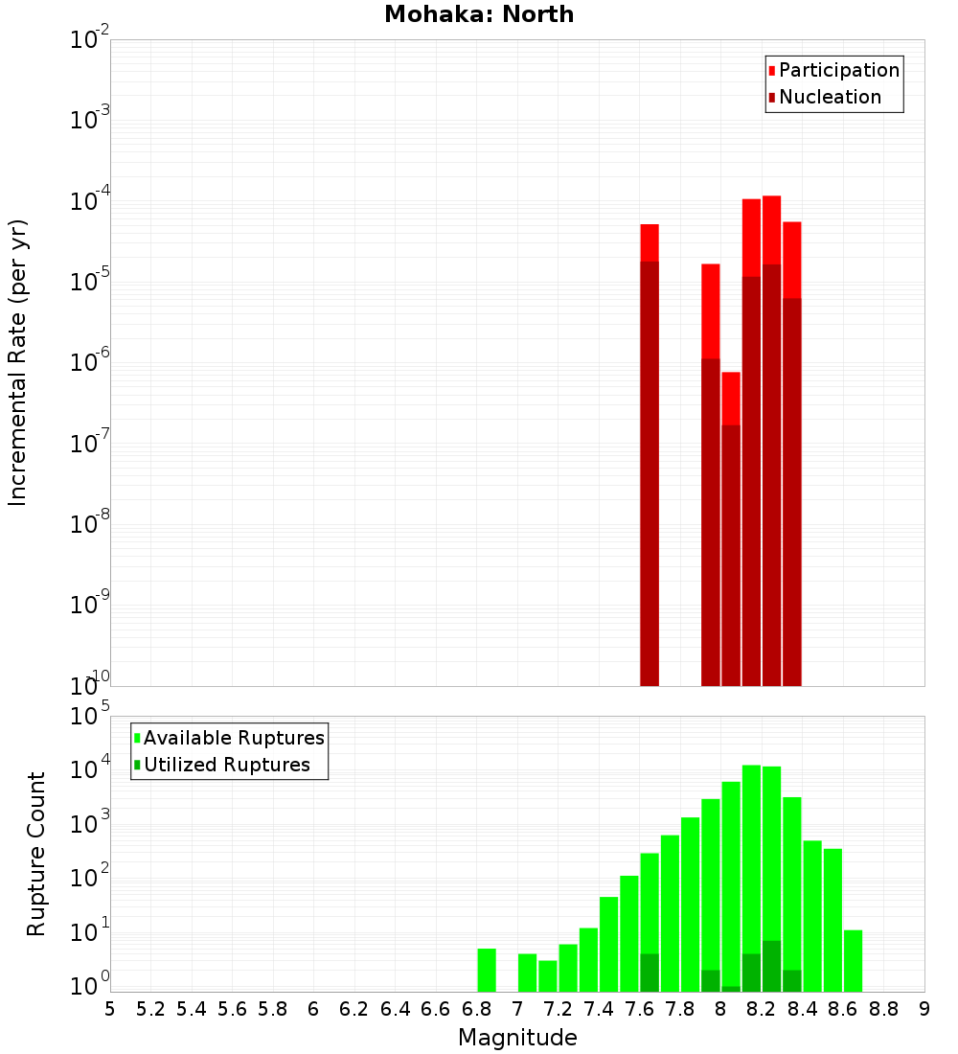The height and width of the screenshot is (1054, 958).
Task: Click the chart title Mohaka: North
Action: point(479,15)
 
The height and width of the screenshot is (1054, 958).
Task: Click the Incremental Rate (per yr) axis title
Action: point(18,362)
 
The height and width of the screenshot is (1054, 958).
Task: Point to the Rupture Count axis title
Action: point(36,853)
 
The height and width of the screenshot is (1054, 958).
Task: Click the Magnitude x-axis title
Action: point(517,1038)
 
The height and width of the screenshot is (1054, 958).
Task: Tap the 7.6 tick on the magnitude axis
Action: point(639,1008)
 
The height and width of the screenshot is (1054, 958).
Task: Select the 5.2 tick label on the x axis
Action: point(150,1008)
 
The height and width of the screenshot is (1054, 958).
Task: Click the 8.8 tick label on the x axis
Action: point(883,1008)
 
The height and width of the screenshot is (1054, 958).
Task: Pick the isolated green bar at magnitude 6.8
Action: point(487,970)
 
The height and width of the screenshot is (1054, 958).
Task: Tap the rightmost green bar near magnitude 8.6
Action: point(853,960)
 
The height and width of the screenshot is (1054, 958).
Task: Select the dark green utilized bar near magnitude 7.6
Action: point(650,973)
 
